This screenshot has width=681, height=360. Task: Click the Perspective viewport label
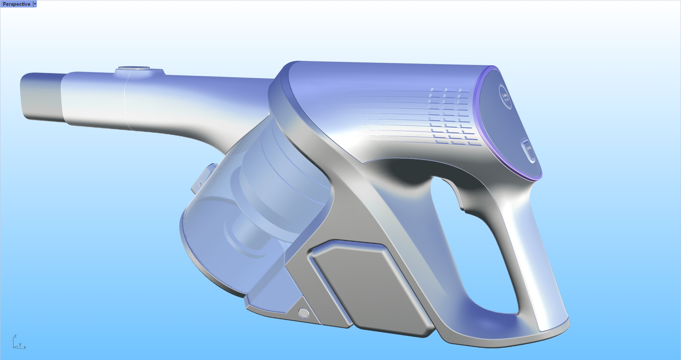[16, 4]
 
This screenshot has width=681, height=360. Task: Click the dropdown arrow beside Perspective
[35, 4]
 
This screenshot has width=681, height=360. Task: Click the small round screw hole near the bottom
[304, 313]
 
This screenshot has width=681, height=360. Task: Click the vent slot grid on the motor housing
[450, 117]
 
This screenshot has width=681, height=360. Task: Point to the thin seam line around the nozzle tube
[126, 103]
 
